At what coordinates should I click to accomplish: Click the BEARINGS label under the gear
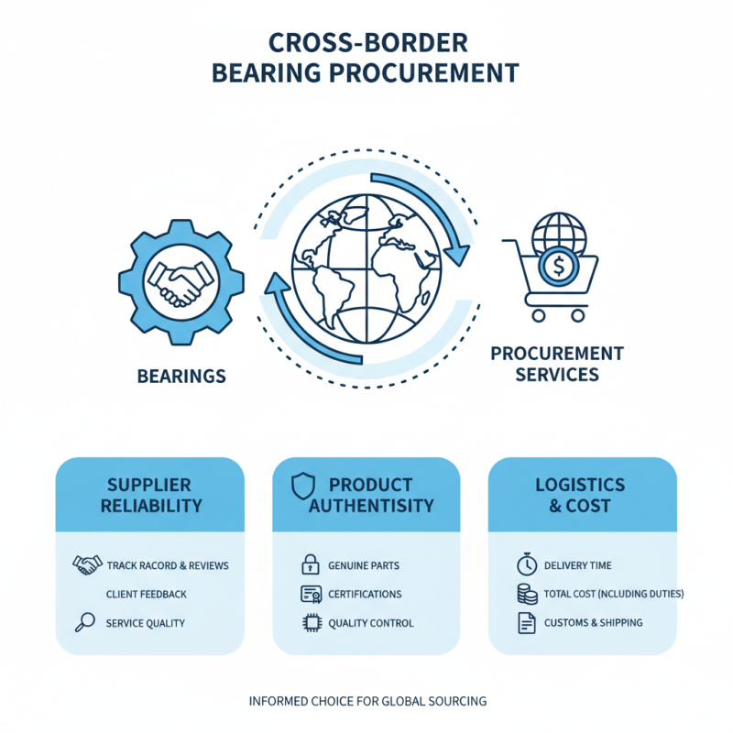(x=181, y=377)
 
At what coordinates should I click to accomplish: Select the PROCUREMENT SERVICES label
(x=556, y=364)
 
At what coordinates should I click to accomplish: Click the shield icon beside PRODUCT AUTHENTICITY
(x=302, y=487)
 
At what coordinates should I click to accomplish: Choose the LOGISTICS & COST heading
(x=580, y=495)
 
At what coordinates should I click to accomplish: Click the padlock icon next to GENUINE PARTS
(x=310, y=565)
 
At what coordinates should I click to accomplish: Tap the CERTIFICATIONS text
(x=364, y=594)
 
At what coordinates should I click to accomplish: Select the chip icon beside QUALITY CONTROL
(x=310, y=623)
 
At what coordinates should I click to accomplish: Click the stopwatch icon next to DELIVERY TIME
(x=526, y=565)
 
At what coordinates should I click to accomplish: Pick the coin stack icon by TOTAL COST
(x=526, y=594)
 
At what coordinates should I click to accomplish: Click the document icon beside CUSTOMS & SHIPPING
(x=526, y=623)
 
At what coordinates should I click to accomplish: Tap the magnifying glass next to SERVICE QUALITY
(x=84, y=623)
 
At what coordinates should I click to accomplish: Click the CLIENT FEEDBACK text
(x=147, y=594)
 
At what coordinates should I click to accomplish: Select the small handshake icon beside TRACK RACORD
(x=85, y=564)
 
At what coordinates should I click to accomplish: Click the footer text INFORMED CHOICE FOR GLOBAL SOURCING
(x=367, y=701)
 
